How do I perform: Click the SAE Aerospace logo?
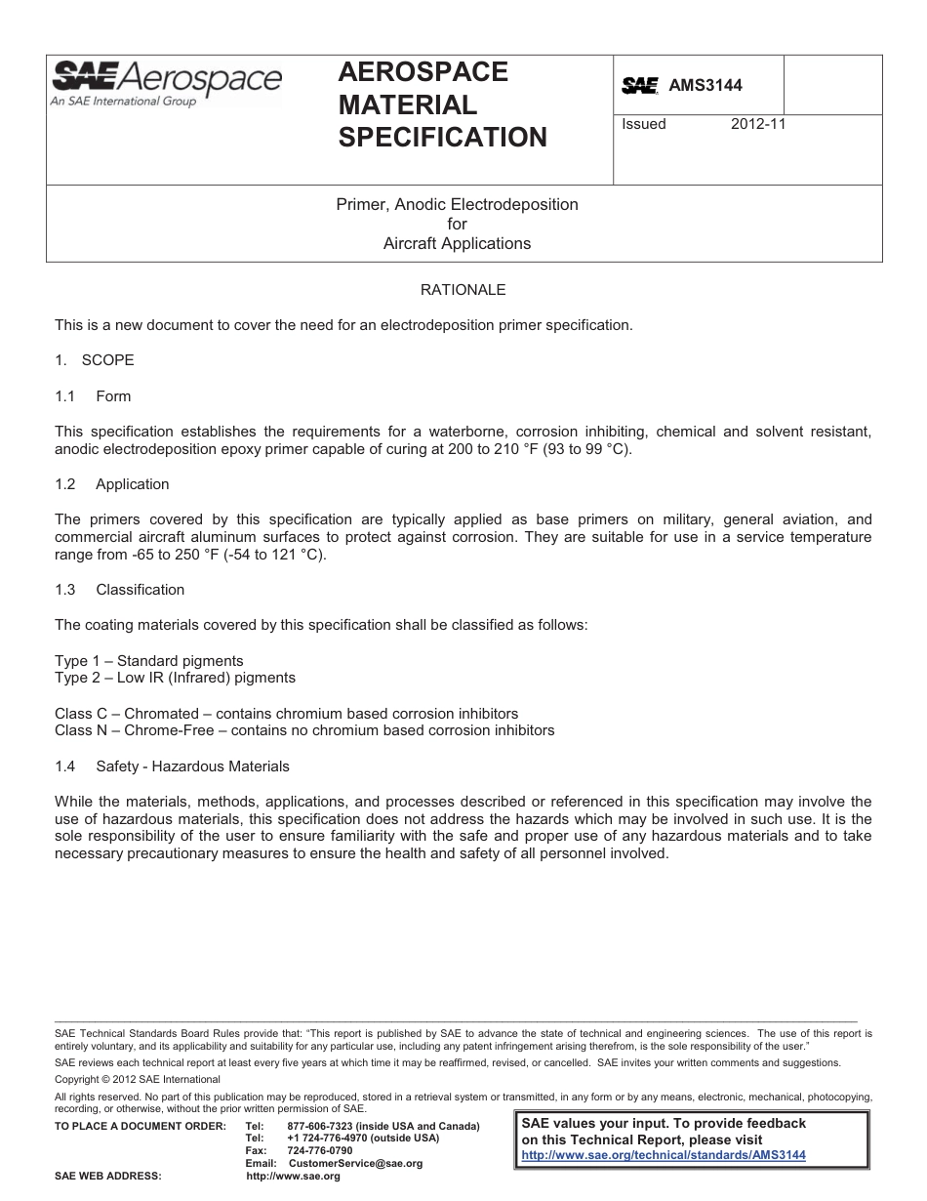[166, 83]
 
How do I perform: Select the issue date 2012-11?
[758, 124]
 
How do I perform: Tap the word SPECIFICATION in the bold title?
[442, 138]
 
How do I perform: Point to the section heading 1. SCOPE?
[95, 360]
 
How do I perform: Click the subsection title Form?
[113, 396]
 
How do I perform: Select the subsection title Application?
[132, 484]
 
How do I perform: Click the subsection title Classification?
[140, 590]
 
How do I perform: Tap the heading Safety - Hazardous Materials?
[192, 766]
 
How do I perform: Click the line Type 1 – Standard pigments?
[149, 661]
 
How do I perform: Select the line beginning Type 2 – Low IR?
[175, 677]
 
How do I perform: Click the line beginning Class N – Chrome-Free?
[304, 729]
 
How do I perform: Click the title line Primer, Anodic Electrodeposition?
[457, 204]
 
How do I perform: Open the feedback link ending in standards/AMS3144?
[664, 1154]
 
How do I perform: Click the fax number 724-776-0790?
[320, 1150]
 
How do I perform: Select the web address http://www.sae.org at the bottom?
[294, 1177]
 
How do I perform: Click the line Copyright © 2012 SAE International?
[138, 1079]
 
